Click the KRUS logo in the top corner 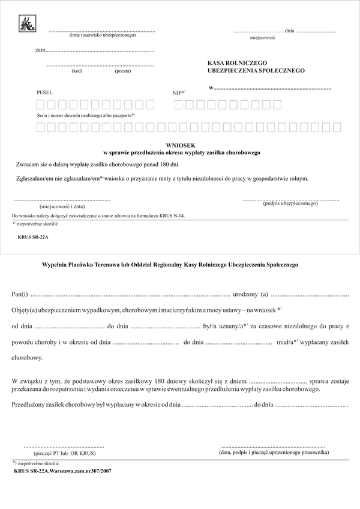pos(28,23)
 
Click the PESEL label pos(45,92)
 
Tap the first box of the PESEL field pos(41,105)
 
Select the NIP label pos(178,93)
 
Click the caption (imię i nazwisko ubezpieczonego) pos(103,35)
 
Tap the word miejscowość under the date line pos(262,38)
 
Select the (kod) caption pos(77,71)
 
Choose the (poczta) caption pos(123,71)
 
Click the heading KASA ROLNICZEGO pos(238,62)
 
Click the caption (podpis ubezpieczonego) pos(290,203)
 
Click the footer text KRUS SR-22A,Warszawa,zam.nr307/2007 pos(62,471)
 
